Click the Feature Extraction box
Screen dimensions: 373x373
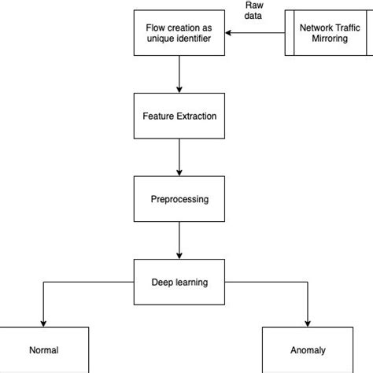tap(179, 116)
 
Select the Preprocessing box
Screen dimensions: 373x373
tap(179, 199)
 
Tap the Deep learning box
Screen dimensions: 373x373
tap(179, 282)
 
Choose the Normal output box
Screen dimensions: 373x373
tap(43, 349)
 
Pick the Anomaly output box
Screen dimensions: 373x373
tap(307, 349)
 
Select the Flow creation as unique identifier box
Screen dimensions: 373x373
tap(179, 33)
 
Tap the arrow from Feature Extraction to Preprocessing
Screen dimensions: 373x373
tap(179, 157)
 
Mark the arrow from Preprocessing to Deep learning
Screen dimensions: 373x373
tap(179, 239)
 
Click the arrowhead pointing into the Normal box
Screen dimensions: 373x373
tap(43, 321)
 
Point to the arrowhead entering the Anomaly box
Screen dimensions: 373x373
tap(307, 321)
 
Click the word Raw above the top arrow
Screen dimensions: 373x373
tap(253, 4)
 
